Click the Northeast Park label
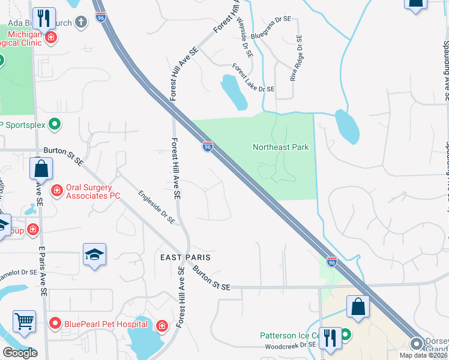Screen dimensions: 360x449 tap(280, 147)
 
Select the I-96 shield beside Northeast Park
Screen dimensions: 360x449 tap(207, 146)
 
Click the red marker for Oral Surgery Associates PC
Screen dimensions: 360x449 tap(57, 191)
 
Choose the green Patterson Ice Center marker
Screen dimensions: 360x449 tap(347, 335)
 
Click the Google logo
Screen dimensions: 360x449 tap(20, 352)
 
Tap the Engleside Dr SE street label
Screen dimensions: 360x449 tap(156, 208)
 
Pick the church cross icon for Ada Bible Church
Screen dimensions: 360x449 tap(82, 22)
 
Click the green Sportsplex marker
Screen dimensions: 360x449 tap(55, 125)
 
